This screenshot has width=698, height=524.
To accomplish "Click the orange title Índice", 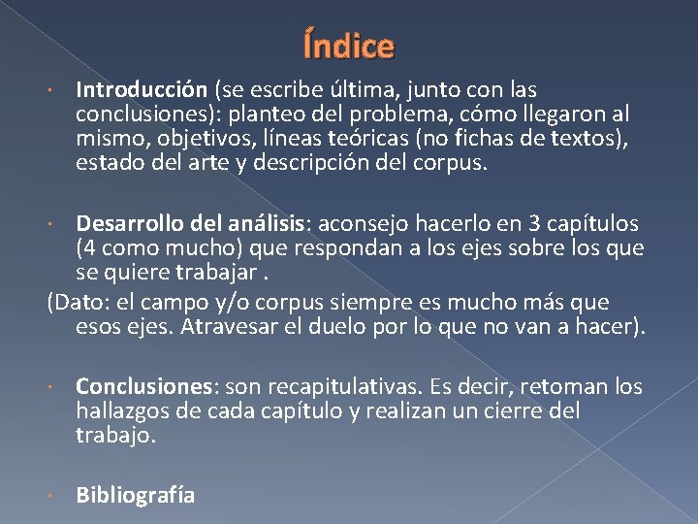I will [349, 46].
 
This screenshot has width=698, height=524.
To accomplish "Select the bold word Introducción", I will [142, 90].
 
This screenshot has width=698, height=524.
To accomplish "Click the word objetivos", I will [197, 139].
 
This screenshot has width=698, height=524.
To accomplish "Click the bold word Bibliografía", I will [136, 496].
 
